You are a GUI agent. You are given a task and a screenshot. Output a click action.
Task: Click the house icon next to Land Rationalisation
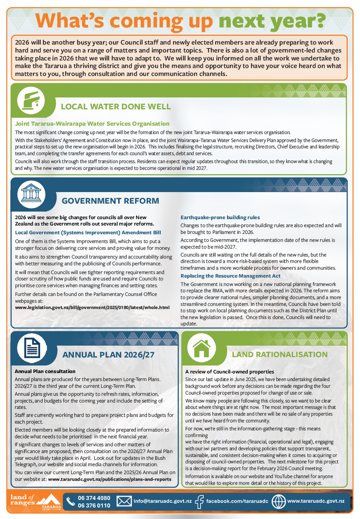coord(201,348)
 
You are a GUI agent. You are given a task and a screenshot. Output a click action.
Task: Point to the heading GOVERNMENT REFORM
coord(110,201)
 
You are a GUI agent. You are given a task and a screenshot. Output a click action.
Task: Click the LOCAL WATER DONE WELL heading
coord(115,107)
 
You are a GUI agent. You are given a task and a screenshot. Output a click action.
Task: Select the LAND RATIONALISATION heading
coord(280,354)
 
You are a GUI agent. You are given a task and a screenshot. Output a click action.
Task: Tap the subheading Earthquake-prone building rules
coord(220,218)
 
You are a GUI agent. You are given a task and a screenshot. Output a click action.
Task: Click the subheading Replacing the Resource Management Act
coord(230,276)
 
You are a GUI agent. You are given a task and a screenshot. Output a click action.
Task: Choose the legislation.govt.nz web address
coord(92,307)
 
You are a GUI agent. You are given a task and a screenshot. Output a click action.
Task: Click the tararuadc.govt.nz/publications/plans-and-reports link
coord(112,479)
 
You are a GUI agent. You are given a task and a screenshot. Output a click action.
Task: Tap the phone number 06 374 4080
coord(94,498)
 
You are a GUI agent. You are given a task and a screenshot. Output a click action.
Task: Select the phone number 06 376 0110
coord(94,505)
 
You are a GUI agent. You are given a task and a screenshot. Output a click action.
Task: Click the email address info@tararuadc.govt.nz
coord(163,501)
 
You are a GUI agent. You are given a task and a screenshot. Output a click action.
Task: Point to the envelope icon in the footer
coord(124,501)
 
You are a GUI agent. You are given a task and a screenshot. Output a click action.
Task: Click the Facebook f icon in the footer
coord(199,501)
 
